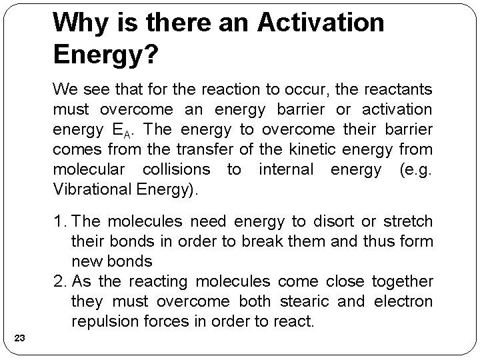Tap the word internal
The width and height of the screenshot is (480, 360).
click(285, 169)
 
